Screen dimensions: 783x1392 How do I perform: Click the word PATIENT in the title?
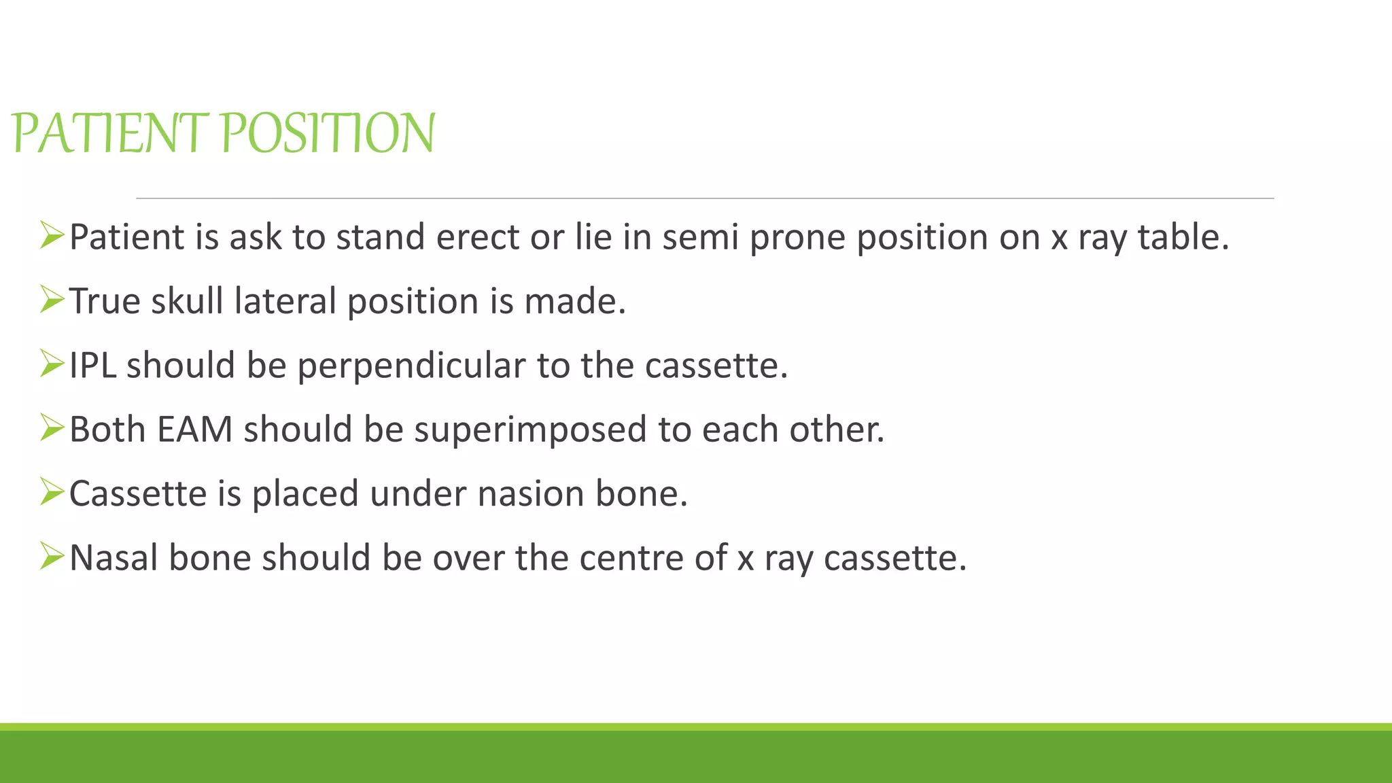click(x=109, y=133)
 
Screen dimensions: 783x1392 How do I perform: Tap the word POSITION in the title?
click(x=328, y=133)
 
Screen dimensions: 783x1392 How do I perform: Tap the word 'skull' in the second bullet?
click(x=187, y=301)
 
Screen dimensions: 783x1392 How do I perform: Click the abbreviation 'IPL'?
click(x=92, y=366)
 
